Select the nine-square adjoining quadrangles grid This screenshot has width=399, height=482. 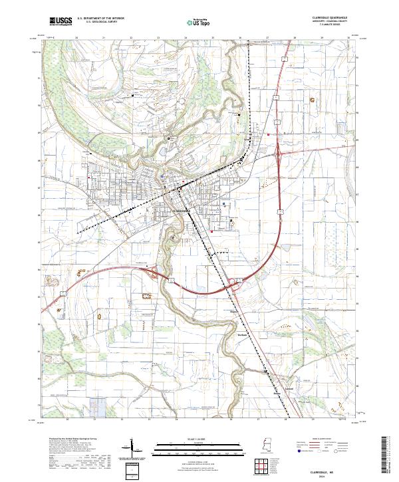pyautogui.click(x=261, y=465)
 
